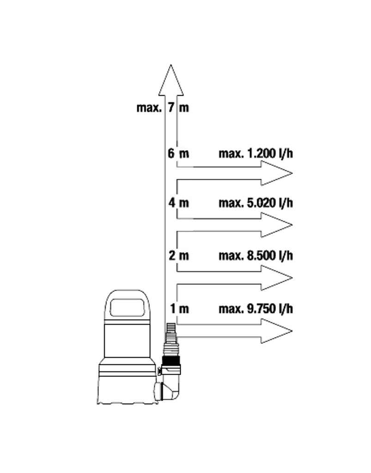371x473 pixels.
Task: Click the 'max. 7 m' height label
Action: coord(163,108)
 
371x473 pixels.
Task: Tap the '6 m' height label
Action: coord(178,153)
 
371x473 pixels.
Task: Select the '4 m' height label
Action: coord(179,202)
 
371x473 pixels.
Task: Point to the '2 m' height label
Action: coord(179,255)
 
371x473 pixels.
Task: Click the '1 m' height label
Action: coord(179,309)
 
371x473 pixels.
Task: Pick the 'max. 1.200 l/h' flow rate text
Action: coord(256,153)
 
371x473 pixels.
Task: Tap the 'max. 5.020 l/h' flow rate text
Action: coord(256,203)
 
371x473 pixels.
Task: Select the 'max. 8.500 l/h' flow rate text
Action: coord(256,255)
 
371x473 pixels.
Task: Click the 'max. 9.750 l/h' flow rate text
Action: coord(256,309)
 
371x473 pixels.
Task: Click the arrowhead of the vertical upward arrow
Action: coord(171,81)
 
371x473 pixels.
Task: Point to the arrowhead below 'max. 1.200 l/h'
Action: coord(276,173)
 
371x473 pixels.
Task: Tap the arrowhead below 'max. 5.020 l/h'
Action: coord(276,225)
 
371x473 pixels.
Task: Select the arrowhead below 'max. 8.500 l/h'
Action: coord(276,278)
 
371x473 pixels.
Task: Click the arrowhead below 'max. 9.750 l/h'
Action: coord(276,331)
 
